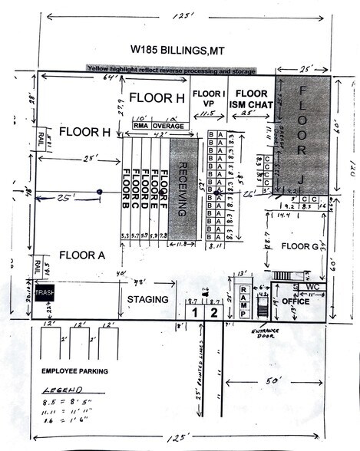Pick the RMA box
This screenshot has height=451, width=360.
140,125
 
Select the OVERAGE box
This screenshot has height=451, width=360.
168,125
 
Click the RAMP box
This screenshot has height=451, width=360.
243,295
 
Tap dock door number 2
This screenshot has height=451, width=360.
214,313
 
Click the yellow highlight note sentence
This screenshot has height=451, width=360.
180,68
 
